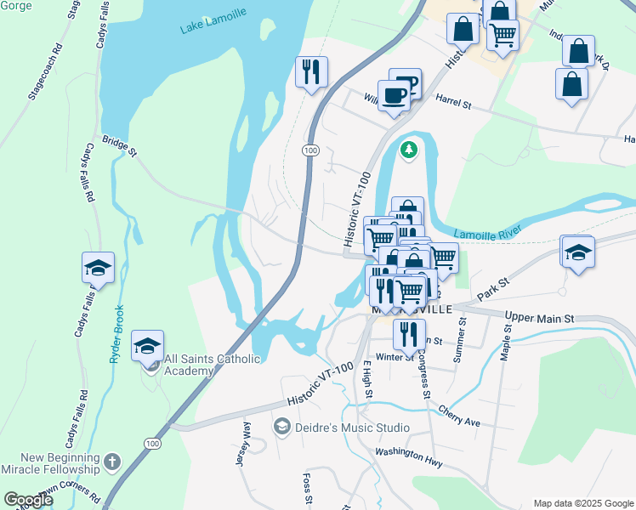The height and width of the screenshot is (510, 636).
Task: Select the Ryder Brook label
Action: pyautogui.click(x=116, y=334)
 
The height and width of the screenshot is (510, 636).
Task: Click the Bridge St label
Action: pyautogui.click(x=119, y=146)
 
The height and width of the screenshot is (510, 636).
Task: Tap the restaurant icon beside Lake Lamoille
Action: pyautogui.click(x=311, y=71)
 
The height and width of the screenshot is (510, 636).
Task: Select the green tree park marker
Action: pyautogui.click(x=410, y=150)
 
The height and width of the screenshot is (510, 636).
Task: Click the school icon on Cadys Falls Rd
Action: pyautogui.click(x=98, y=268)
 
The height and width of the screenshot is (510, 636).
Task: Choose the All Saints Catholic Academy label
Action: pyautogui.click(x=212, y=365)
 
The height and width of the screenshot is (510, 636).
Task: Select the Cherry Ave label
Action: pyautogui.click(x=459, y=416)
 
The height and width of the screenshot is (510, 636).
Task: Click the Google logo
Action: pyautogui.click(x=28, y=500)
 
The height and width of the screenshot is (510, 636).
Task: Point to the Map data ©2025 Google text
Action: pyautogui.click(x=582, y=503)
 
